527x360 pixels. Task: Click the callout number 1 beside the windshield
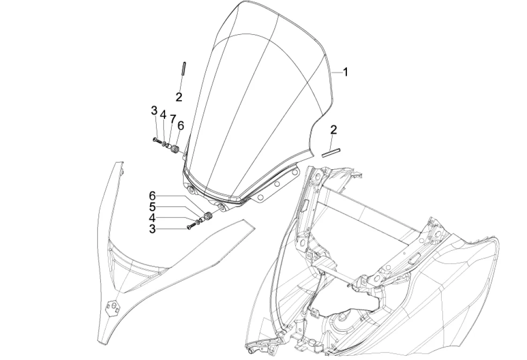click(x=345, y=72)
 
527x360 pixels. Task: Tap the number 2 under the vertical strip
click(x=179, y=97)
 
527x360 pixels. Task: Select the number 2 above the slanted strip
click(x=333, y=129)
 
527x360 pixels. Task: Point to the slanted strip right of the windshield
click(x=331, y=151)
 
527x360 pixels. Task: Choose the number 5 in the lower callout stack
click(x=152, y=206)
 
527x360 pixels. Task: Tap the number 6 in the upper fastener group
click(x=181, y=125)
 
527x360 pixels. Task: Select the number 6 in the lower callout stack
click(x=152, y=195)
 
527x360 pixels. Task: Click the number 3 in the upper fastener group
click(x=154, y=111)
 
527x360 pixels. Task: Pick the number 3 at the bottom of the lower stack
click(x=152, y=229)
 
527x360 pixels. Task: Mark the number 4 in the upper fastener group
click(x=163, y=115)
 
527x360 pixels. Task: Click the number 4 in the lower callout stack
click(x=152, y=217)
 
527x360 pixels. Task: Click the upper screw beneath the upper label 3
click(x=157, y=140)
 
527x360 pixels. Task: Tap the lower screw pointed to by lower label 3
click(x=189, y=227)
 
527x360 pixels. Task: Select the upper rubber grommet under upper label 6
click(x=175, y=150)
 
